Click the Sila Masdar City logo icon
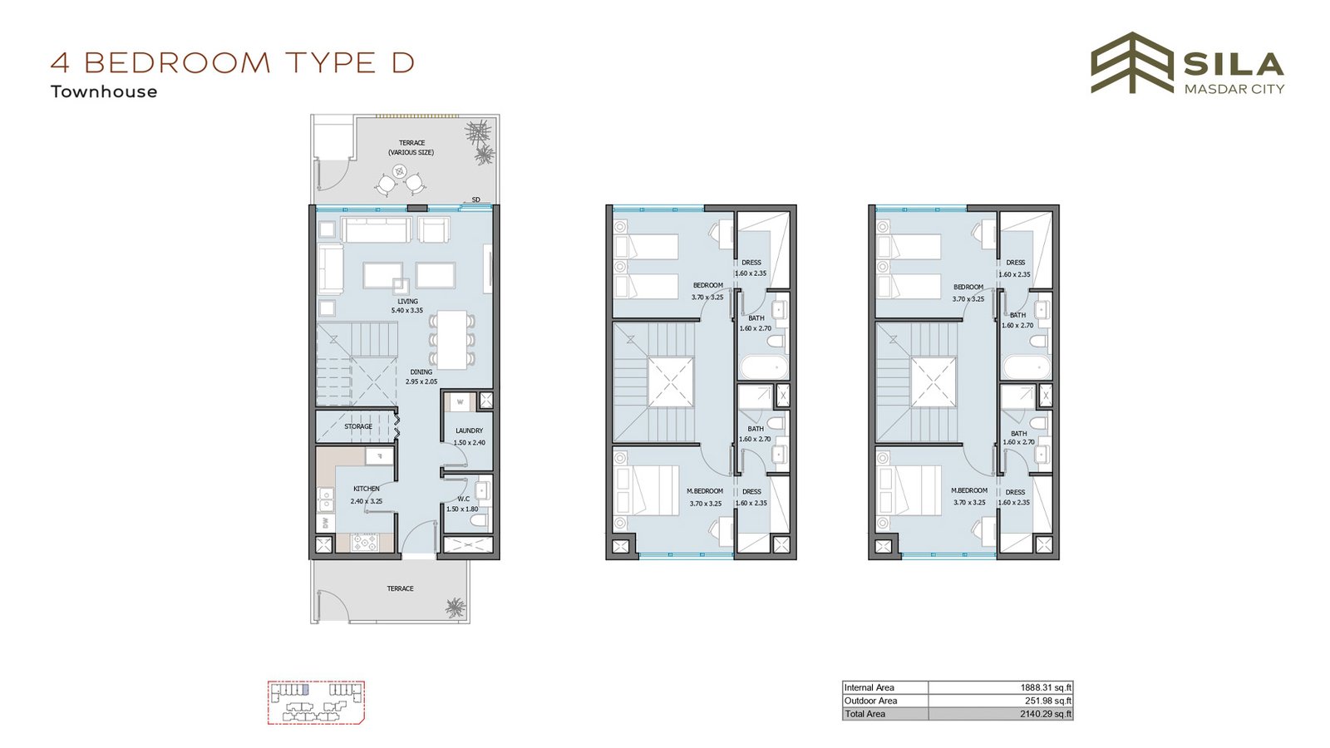click(x=1131, y=62)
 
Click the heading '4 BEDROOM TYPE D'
click(x=232, y=63)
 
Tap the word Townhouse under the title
click(x=104, y=91)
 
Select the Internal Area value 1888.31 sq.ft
click(x=1046, y=687)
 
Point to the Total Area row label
click(x=864, y=714)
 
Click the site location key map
click(x=316, y=702)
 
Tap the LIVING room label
click(x=407, y=302)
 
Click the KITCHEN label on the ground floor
click(x=367, y=489)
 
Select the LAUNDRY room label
click(x=469, y=431)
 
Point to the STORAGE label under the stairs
click(x=358, y=426)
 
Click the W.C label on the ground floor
click(x=464, y=499)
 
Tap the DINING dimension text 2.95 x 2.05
click(x=421, y=381)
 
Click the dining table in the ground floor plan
click(x=452, y=340)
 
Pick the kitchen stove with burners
click(x=364, y=543)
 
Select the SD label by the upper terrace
click(x=475, y=199)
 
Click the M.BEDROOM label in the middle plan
click(x=705, y=491)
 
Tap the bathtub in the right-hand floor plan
click(x=1027, y=367)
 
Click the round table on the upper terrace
click(x=400, y=171)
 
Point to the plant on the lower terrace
click(x=456, y=608)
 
